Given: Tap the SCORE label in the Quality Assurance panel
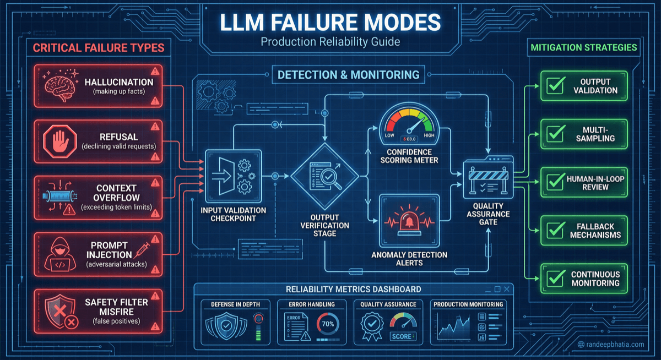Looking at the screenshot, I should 403,336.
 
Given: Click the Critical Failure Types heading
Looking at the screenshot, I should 99,48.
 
